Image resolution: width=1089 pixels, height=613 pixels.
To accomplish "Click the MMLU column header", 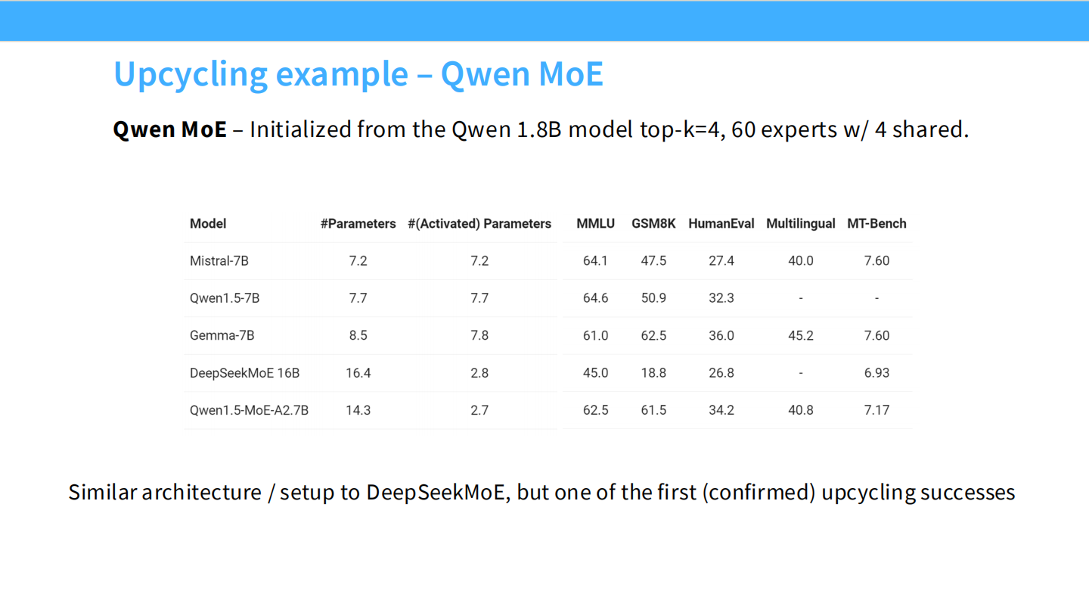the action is pyautogui.click(x=596, y=224).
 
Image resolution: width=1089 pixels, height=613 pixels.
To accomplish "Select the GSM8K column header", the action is pyautogui.click(x=653, y=224).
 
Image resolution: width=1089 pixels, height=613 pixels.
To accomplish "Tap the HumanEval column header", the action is pyautogui.click(x=721, y=224).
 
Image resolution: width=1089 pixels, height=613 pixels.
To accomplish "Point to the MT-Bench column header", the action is pyautogui.click(x=876, y=224).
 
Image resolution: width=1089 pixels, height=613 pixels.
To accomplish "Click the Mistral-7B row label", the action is pyautogui.click(x=219, y=261).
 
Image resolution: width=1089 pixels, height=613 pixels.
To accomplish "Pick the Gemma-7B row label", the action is pyautogui.click(x=222, y=336).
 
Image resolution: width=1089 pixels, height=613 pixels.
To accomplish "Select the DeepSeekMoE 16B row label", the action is pyautogui.click(x=244, y=373).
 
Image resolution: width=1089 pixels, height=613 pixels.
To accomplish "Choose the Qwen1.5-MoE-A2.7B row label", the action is pyautogui.click(x=249, y=411).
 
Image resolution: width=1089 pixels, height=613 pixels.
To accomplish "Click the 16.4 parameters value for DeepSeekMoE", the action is pyautogui.click(x=358, y=373).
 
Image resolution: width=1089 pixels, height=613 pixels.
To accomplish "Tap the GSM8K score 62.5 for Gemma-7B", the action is pyautogui.click(x=653, y=336).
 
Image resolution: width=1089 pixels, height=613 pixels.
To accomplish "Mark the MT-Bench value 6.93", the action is pyautogui.click(x=876, y=373).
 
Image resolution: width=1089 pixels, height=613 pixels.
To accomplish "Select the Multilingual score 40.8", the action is pyautogui.click(x=801, y=411).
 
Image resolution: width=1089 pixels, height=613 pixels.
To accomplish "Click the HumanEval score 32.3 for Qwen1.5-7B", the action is pyautogui.click(x=721, y=298).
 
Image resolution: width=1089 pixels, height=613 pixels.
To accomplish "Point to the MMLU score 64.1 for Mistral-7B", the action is pyautogui.click(x=596, y=261).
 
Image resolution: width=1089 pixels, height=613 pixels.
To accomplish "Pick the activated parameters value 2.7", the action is pyautogui.click(x=479, y=411).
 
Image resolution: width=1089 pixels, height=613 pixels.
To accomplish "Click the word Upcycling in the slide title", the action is pyautogui.click(x=191, y=74).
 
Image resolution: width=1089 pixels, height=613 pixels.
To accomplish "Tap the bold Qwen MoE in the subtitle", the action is pyautogui.click(x=169, y=130).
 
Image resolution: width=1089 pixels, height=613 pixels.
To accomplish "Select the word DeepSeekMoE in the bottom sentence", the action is pyautogui.click(x=436, y=493).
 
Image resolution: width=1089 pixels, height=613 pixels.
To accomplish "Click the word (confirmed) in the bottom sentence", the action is pyautogui.click(x=759, y=493).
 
